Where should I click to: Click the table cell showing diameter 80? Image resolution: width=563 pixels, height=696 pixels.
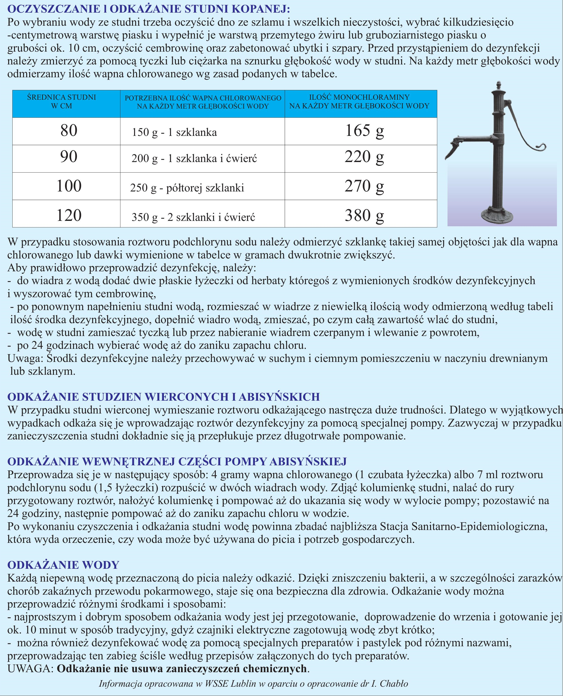[x=69, y=131]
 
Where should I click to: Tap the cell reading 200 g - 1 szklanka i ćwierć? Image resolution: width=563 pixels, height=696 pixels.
[x=194, y=159]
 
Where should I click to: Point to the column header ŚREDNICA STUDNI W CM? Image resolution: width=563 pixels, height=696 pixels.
[x=62, y=102]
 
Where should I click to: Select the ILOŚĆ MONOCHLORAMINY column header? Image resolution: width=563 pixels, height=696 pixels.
[x=359, y=102]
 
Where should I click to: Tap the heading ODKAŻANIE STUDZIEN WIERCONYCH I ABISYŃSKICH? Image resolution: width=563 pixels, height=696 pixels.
[x=164, y=397]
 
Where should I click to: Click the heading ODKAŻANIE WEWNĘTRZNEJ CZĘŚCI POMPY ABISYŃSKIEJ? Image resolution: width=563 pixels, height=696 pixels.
[x=177, y=461]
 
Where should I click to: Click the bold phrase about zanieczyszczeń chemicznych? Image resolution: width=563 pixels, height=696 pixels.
[x=182, y=669]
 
